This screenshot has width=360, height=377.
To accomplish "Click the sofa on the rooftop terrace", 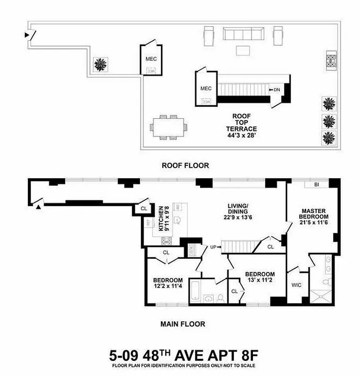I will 244,34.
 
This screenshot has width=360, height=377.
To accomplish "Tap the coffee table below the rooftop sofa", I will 244,50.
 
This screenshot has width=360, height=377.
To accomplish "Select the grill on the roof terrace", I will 331,60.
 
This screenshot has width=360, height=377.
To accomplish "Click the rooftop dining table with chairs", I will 169,127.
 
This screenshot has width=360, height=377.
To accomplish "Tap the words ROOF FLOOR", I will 178,165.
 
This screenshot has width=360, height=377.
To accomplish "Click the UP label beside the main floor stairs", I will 214,247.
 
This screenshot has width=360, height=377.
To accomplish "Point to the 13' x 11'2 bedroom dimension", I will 260,281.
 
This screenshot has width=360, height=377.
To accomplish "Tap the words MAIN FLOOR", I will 183,324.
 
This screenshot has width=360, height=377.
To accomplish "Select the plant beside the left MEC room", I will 100,64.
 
